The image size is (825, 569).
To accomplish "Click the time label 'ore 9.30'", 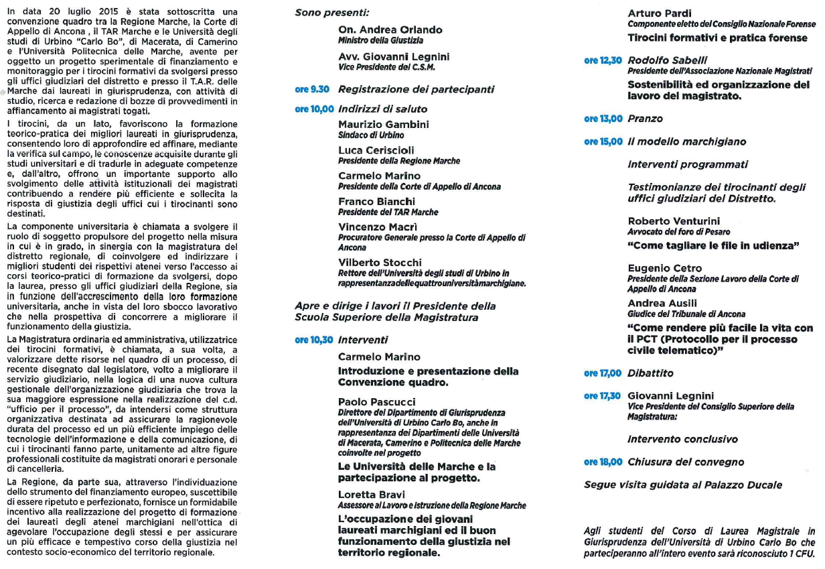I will [312, 89].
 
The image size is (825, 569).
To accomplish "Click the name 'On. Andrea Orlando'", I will [390, 30].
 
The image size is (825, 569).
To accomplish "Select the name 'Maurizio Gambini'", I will [384, 125].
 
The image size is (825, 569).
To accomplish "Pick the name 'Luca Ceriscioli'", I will [376, 150].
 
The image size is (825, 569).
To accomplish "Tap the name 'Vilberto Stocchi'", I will [380, 262].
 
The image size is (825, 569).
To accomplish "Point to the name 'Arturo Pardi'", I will [660, 13].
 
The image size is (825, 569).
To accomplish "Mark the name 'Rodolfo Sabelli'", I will [668, 60].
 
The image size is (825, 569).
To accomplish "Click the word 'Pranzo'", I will [645, 119].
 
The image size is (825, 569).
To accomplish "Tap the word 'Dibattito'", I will [650, 373].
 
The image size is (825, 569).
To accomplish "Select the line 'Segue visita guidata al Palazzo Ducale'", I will [683, 485].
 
